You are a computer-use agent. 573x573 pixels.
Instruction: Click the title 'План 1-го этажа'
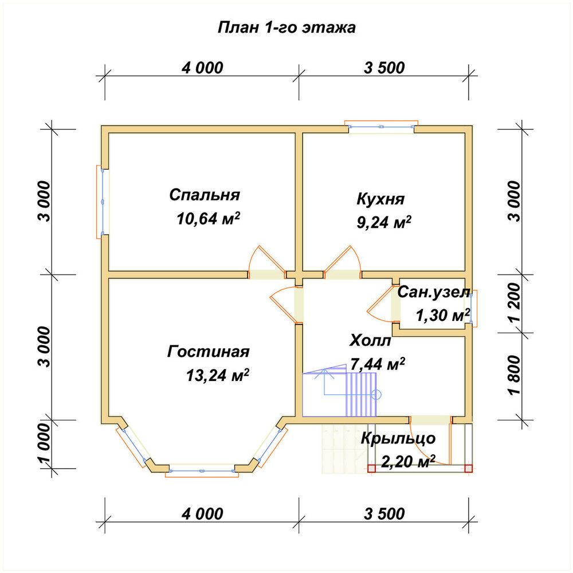[x=286, y=28]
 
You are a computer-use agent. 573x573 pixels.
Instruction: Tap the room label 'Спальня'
[x=205, y=195]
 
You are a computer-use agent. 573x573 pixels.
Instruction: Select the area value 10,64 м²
[x=208, y=218]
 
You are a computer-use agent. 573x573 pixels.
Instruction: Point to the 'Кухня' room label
[x=380, y=199]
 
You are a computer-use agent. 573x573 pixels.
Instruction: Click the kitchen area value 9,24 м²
[x=384, y=222]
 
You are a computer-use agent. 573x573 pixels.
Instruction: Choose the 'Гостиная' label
[x=209, y=352]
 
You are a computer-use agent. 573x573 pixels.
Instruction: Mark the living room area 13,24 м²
[x=217, y=375]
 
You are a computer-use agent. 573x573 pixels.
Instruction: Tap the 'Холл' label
[x=370, y=340]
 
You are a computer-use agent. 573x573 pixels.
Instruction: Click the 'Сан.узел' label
[x=433, y=292]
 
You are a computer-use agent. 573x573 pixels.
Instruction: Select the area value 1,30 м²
[x=443, y=315]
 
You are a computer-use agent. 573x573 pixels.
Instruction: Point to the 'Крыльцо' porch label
[x=398, y=438]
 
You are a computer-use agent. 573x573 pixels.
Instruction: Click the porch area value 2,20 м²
[x=408, y=461]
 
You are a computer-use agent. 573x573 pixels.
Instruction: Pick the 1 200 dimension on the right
[x=513, y=302]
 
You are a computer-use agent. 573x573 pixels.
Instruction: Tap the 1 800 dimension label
[x=513, y=375]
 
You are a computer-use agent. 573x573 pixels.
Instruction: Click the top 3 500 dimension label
[x=384, y=68]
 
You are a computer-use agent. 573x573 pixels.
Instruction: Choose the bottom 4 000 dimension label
[x=202, y=513]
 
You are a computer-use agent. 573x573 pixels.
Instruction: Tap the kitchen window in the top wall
[x=382, y=127]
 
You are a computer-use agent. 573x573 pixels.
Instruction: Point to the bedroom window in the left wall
[x=103, y=202]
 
